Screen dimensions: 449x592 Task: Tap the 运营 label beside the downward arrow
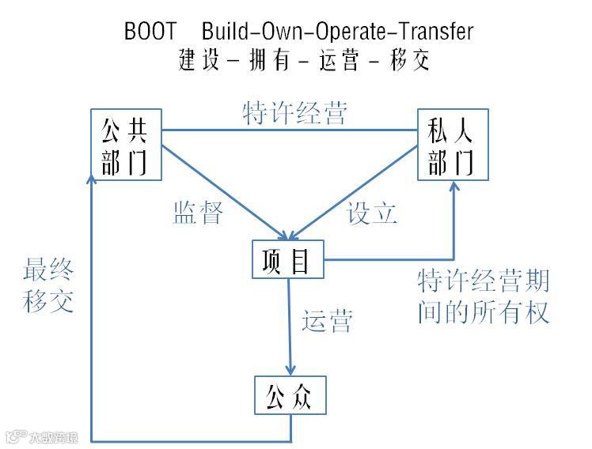326,322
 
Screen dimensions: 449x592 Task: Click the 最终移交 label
49,287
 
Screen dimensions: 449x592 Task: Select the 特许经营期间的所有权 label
483,297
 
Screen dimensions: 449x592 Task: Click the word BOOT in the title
150,32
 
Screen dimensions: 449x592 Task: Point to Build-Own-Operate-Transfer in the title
337,32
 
